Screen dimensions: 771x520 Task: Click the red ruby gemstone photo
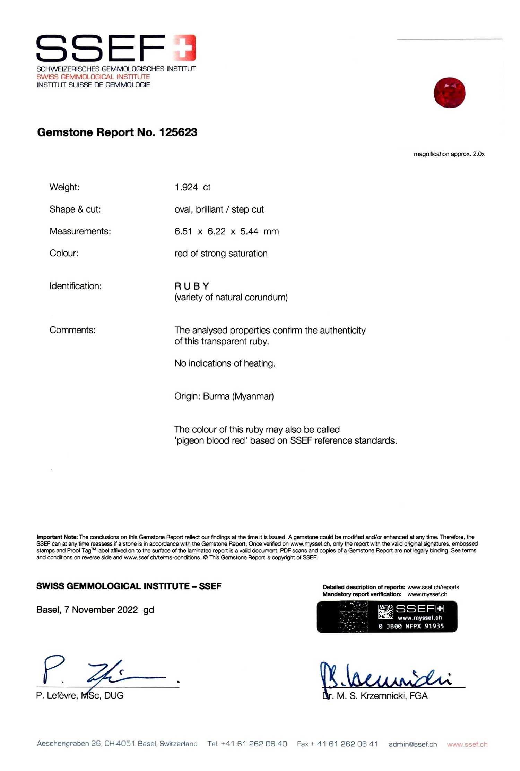(449, 93)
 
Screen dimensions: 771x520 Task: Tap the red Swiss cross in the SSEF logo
(184, 48)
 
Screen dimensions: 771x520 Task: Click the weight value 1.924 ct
(192, 187)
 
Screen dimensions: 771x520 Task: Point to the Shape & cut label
(75, 209)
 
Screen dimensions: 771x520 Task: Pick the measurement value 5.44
(249, 231)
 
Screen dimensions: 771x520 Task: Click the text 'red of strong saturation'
(221, 254)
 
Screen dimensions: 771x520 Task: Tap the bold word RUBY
(192, 286)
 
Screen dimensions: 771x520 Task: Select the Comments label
(72, 330)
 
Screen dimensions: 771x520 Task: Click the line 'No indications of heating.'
(225, 363)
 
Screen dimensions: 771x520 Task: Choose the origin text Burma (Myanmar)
(238, 396)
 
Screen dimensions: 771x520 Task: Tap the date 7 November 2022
(101, 610)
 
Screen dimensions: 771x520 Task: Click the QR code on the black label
(385, 612)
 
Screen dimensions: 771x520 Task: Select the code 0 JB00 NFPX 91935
(411, 626)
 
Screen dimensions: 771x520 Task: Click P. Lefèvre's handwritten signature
(104, 671)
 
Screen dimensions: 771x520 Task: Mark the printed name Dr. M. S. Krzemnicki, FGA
(375, 696)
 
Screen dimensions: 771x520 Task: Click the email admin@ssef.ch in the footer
(413, 744)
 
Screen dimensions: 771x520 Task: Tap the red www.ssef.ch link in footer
(467, 744)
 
